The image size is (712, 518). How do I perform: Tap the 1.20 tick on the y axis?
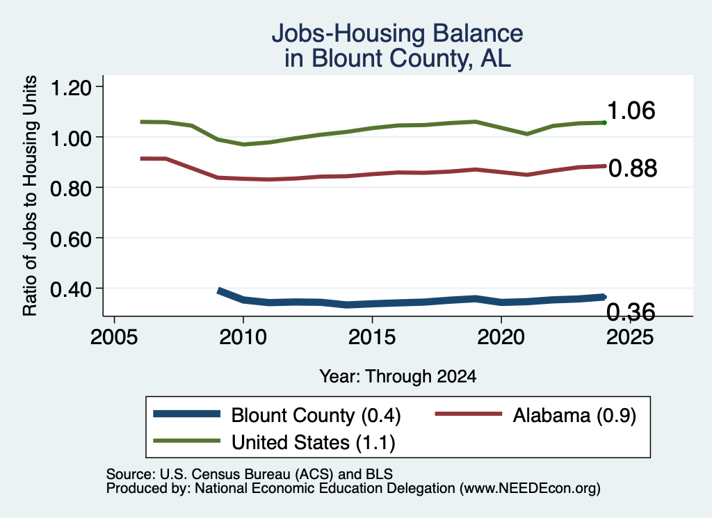tap(71, 87)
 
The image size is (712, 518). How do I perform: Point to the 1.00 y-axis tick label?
tap(71, 138)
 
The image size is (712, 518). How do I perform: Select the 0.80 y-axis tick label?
tap(71, 188)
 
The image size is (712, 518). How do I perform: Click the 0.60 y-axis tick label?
tap(71, 238)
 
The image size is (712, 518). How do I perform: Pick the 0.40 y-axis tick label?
tap(71, 289)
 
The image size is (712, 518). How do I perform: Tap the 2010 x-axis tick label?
tap(243, 337)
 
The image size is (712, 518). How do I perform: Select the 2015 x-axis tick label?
tap(372, 337)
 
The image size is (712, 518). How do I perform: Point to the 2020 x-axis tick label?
tap(501, 337)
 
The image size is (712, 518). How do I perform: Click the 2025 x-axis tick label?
tap(630, 337)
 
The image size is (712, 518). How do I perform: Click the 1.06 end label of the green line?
tap(631, 111)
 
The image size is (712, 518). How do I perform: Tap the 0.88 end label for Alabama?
tap(633, 168)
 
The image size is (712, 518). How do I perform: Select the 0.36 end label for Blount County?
tap(631, 312)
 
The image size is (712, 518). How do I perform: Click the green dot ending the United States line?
tap(604, 122)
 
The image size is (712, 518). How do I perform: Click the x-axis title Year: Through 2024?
tap(398, 376)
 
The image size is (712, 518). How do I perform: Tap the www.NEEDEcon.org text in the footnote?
tap(529, 489)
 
